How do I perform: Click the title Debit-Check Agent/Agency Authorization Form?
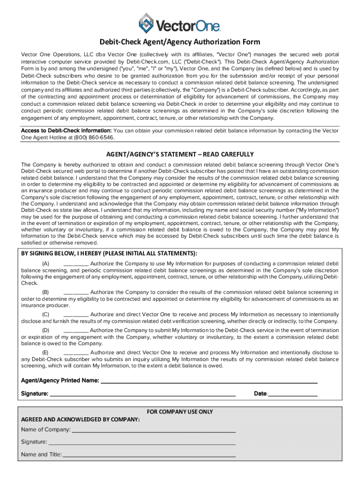click(180, 42)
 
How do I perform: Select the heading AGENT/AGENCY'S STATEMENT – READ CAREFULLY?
click(180, 154)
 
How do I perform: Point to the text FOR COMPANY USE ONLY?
click(180, 412)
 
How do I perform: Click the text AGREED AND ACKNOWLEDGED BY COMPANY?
click(80, 420)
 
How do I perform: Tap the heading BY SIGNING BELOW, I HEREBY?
click(108, 254)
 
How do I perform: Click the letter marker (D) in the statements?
click(46, 330)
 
